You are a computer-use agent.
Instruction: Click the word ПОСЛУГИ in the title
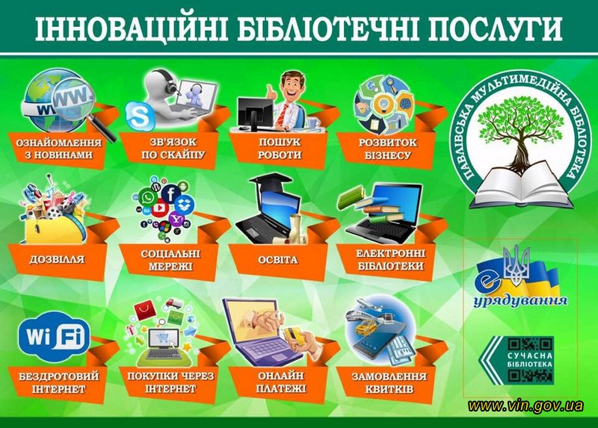[496, 29]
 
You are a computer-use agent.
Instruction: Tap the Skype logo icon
[139, 115]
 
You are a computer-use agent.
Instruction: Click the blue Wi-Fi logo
[54, 337]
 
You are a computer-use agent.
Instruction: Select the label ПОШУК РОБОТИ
[280, 149]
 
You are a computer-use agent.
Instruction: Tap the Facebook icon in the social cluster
[171, 193]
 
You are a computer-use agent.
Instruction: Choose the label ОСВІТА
[277, 260]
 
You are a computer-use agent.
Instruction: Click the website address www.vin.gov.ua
[526, 406]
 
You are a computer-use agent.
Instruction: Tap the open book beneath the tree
[521, 186]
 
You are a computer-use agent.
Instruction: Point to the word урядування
[520, 301]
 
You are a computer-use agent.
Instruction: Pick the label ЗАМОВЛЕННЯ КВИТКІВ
[389, 383]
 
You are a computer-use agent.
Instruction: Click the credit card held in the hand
[295, 335]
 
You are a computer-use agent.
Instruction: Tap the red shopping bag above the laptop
[145, 310]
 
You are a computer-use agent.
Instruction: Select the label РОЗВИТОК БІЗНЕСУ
[387, 149]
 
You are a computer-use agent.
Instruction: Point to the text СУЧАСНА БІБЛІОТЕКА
[530, 360]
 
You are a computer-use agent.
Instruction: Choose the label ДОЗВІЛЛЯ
[57, 259]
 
